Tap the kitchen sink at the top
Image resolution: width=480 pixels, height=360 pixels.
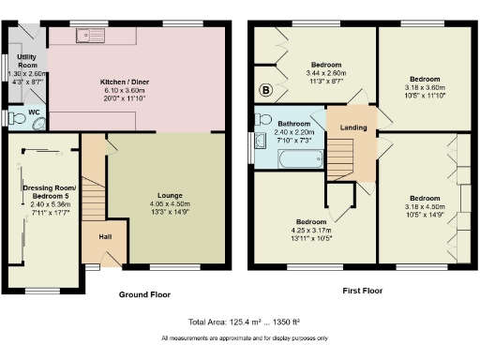(x=94, y=37)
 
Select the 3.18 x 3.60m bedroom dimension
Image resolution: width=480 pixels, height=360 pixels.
(x=424, y=86)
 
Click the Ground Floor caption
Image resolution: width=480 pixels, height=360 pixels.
(x=143, y=294)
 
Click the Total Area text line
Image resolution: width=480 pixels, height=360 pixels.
(x=241, y=322)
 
